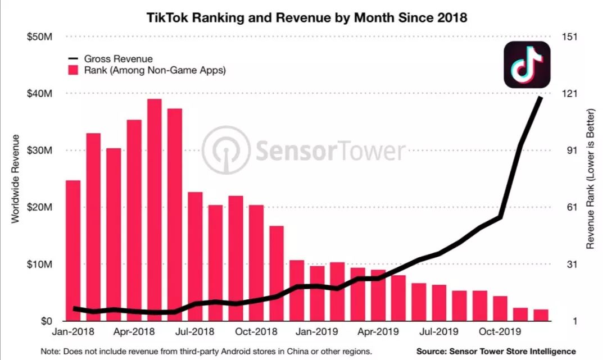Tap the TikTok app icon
pyautogui.click(x=527, y=65)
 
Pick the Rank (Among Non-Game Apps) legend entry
pyautogui.click(x=147, y=70)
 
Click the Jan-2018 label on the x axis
pyautogui.click(x=73, y=332)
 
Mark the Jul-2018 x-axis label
pyautogui.click(x=194, y=332)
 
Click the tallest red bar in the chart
pyautogui.click(x=155, y=208)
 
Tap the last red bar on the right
pyautogui.click(x=541, y=315)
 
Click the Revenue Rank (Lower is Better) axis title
pyautogui.click(x=591, y=179)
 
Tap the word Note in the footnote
pyautogui.click(x=51, y=351)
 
